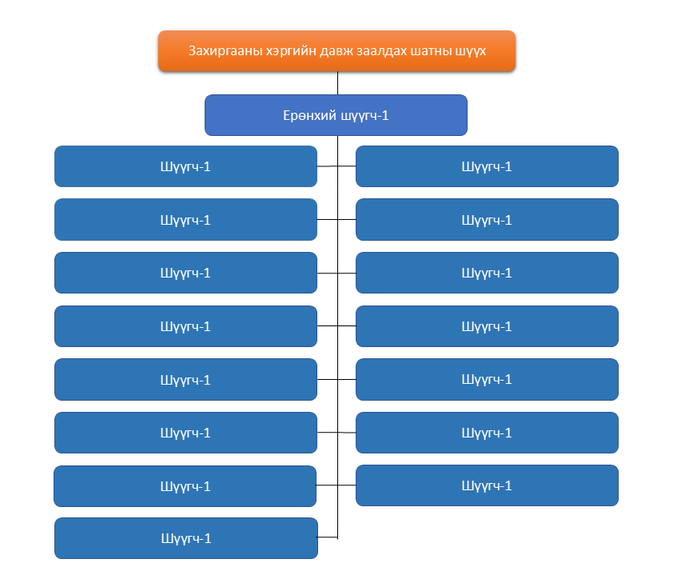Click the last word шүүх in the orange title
(470, 52)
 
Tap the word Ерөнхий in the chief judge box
(310, 116)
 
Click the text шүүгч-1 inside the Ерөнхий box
(365, 116)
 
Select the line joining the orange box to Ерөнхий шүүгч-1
(337, 83)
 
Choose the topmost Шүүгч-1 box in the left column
(185, 166)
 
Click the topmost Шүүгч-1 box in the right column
(487, 166)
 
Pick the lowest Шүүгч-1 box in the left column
(186, 538)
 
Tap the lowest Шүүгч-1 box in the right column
(487, 485)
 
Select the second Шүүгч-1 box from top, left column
(185, 219)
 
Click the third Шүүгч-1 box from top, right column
(487, 273)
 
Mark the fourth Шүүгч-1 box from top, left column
(185, 326)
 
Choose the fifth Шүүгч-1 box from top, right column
(487, 379)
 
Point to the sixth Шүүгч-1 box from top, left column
(185, 433)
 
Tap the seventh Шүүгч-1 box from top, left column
(185, 486)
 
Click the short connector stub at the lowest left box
(328, 537)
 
